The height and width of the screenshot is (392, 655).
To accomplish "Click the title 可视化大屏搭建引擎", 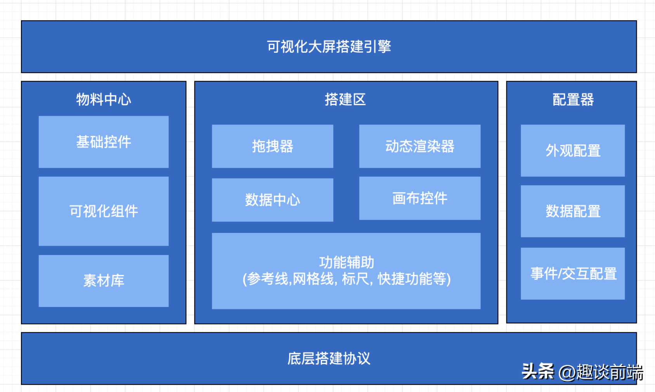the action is coord(329,47).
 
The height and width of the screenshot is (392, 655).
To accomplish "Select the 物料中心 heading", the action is coord(104,99).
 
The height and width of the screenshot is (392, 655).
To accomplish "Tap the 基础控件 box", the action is coord(104,142).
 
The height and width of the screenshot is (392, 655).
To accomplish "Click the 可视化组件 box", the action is coord(104,211).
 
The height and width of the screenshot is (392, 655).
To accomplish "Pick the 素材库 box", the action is coord(104,281).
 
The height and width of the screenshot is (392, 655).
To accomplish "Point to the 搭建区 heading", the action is coord(345,99).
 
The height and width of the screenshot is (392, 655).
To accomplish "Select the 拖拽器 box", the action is coord(272,146).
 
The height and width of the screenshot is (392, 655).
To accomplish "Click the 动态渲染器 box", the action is coord(419,146).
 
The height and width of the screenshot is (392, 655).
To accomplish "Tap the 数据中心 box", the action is coord(272,200).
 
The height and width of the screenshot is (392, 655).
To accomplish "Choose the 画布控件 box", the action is coord(419,198).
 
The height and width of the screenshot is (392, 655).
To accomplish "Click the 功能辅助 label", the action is coord(347,262).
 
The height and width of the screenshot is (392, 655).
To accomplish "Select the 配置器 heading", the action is coord(573,99).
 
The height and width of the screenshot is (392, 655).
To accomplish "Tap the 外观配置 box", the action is coord(573,151).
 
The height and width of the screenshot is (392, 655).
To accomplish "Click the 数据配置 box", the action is coord(573,211).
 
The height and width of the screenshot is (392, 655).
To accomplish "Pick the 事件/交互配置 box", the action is coord(573,274).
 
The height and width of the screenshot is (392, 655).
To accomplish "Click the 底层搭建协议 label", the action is coord(329,358).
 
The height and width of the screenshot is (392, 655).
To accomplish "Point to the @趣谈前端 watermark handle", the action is coord(601,373).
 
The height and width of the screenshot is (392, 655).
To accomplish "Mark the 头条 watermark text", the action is coord(538,371).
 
